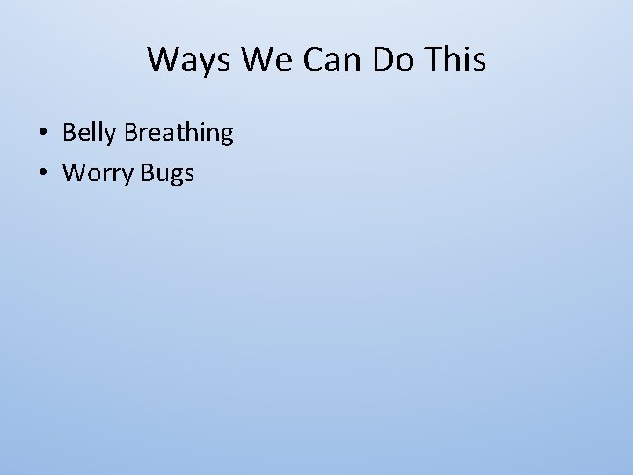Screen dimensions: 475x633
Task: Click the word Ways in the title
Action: (180, 60)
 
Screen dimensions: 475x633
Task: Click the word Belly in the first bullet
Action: (91, 134)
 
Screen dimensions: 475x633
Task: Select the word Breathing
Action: (179, 134)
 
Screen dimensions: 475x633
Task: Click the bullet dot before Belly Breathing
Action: (42, 135)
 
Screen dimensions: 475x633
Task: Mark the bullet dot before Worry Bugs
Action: (42, 174)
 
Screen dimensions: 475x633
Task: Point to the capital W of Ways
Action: (163, 60)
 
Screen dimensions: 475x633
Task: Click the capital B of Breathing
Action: (132, 134)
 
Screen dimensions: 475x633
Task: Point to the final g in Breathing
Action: (226, 136)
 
